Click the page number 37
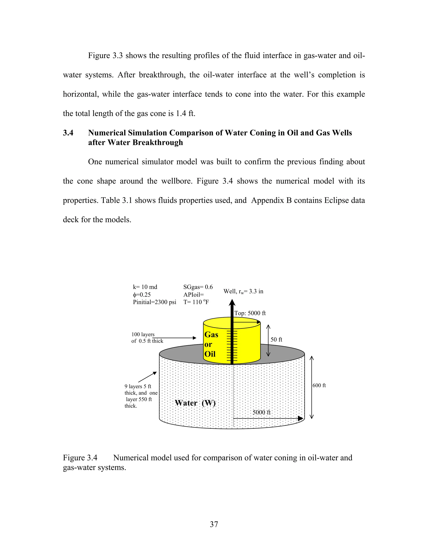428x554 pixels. click(x=214, y=524)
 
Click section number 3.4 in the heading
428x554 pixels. click(x=68, y=133)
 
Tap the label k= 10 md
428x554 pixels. click(x=145, y=287)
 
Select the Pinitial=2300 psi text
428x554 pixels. click(x=154, y=302)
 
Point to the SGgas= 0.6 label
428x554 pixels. click(x=198, y=287)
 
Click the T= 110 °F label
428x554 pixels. click(x=196, y=302)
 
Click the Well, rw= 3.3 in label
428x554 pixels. click(x=243, y=291)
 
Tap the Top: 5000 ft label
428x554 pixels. click(x=250, y=313)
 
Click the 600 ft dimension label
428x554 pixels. click(x=319, y=385)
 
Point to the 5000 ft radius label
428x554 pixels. click(x=261, y=412)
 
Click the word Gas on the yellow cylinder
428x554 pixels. click(x=211, y=334)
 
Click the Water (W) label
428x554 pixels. click(x=195, y=403)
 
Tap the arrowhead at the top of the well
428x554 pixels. click(x=232, y=303)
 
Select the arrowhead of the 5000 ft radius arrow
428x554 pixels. click(x=301, y=419)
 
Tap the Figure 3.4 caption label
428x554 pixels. click(x=80, y=458)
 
